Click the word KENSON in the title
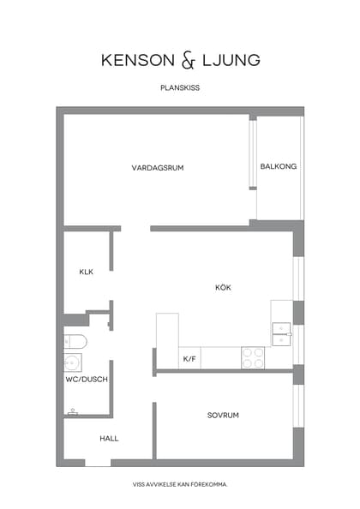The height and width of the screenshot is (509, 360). (x=137, y=60)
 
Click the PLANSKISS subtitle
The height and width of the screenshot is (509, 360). (x=180, y=87)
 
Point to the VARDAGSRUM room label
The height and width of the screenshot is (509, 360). (x=158, y=167)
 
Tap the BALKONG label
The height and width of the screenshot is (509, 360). (x=279, y=166)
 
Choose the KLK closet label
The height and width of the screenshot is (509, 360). (x=86, y=272)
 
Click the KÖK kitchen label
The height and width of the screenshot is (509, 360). (x=223, y=287)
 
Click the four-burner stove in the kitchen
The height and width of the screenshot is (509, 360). (x=253, y=357)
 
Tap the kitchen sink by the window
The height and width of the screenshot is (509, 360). (x=282, y=334)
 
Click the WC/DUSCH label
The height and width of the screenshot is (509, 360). (x=87, y=379)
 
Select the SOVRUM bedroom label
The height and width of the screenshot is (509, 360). (x=223, y=415)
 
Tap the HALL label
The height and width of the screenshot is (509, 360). (x=109, y=438)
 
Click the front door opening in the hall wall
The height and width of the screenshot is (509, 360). (x=98, y=463)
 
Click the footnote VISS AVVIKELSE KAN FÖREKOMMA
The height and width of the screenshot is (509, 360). (x=180, y=485)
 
